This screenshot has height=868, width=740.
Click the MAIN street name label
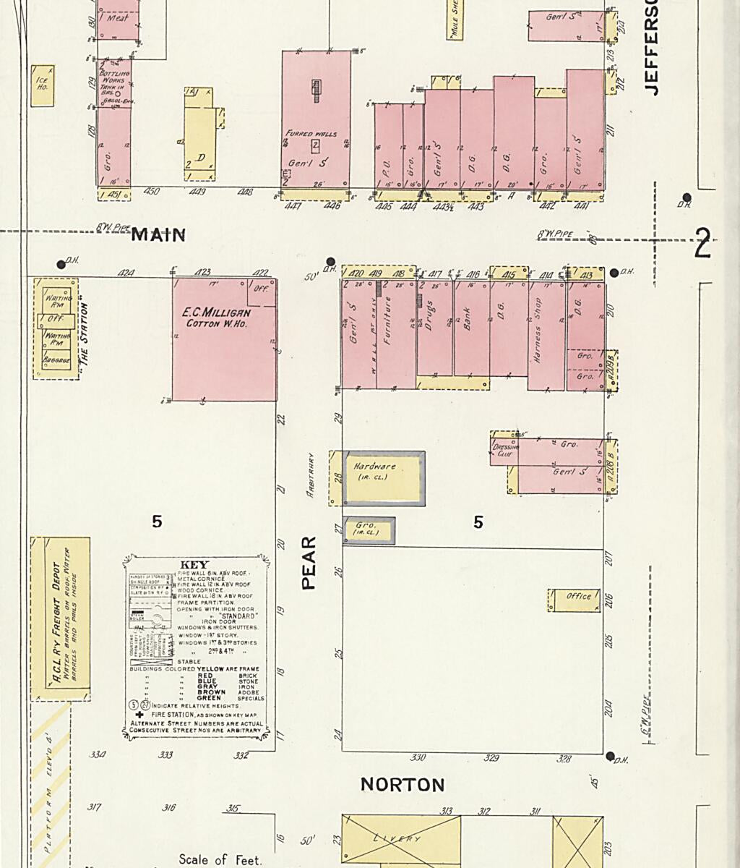tap(158, 235)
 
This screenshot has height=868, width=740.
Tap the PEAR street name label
tap(309, 563)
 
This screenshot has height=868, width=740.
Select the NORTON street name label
tap(403, 785)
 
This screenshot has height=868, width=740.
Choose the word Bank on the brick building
tap(467, 315)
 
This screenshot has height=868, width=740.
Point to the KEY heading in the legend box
tap(194, 565)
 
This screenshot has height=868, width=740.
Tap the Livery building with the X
tap(400, 839)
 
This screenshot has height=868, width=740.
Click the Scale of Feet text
tap(220, 860)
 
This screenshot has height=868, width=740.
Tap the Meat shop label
tap(118, 19)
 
